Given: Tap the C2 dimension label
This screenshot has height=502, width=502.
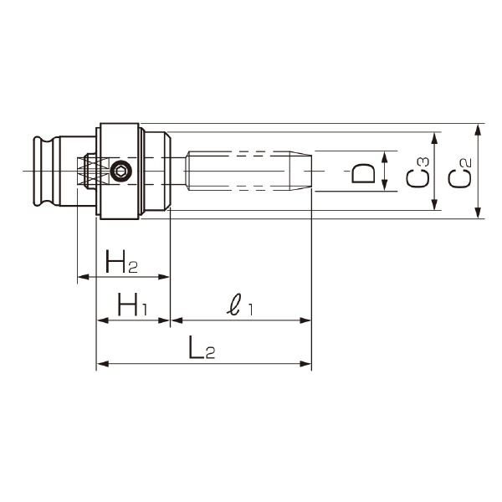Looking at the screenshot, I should click(x=459, y=175).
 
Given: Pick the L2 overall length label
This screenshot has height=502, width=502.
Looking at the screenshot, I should click(x=202, y=351).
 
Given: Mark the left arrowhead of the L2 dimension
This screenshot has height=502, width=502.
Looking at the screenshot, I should click(x=102, y=364).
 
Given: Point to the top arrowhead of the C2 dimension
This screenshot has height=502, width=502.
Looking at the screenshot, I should click(x=477, y=128).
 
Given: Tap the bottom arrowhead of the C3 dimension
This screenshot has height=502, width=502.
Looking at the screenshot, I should click(x=436, y=206).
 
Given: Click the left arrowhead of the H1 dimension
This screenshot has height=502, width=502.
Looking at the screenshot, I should click(x=102, y=320).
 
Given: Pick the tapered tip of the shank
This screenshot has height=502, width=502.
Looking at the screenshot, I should click(x=304, y=172).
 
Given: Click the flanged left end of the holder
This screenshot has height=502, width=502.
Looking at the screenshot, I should click(x=42, y=172).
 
